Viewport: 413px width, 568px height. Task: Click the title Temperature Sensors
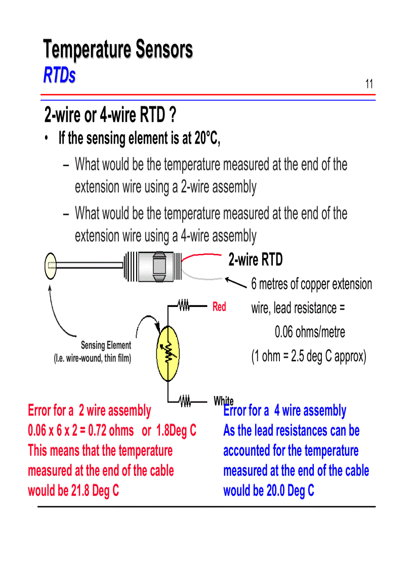click(x=118, y=50)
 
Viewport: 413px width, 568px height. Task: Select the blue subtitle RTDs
click(x=59, y=75)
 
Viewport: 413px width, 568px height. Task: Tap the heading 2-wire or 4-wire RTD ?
click(x=110, y=116)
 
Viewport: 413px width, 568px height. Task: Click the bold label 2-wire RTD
click(x=256, y=260)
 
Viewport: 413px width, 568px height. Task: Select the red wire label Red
click(x=219, y=307)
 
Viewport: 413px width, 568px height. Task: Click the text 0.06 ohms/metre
click(x=310, y=332)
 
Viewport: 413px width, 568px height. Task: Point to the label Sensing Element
click(x=106, y=345)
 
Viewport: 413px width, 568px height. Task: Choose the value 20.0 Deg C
click(x=290, y=491)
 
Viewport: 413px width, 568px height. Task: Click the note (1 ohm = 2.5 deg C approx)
click(x=308, y=356)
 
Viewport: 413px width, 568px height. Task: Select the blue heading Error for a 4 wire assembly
click(x=285, y=411)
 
